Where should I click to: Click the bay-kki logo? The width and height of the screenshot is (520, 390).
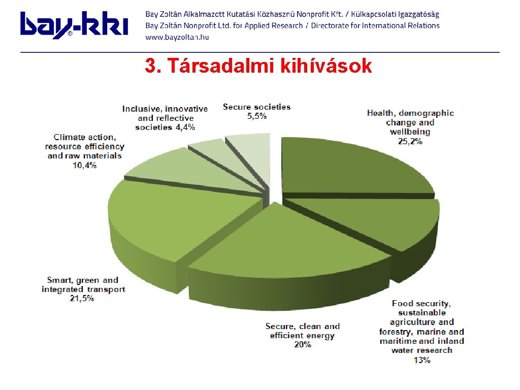(x=74, y=25)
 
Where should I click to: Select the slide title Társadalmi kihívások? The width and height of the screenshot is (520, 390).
(x=258, y=66)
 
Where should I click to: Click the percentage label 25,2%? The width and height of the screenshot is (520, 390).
(x=410, y=142)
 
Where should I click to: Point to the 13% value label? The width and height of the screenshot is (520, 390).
(x=422, y=360)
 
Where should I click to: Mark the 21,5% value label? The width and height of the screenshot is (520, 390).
(x=82, y=299)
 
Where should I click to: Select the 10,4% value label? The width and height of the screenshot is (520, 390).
(x=85, y=165)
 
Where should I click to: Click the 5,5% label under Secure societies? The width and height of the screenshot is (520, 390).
(x=256, y=116)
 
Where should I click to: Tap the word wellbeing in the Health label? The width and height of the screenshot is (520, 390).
(x=410, y=132)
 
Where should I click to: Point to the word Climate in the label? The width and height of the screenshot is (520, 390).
(x=69, y=137)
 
